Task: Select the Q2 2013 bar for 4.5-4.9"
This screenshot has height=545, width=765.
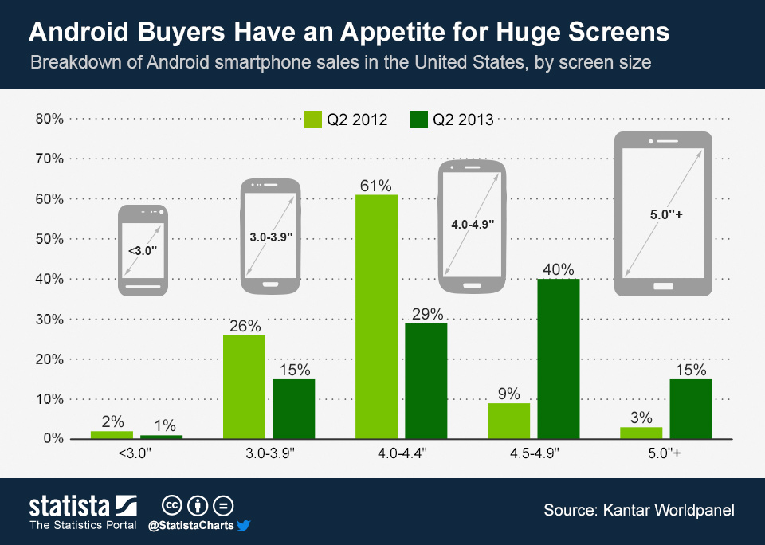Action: [x=558, y=359]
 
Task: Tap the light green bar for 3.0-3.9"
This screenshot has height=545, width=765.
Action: [x=244, y=386]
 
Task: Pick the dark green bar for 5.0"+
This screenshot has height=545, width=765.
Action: [x=690, y=408]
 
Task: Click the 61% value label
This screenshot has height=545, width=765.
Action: [x=376, y=186]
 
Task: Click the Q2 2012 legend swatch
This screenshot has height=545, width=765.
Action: [x=313, y=120]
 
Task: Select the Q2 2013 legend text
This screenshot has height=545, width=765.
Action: [x=462, y=120]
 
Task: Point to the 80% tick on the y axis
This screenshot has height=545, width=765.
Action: [x=49, y=119]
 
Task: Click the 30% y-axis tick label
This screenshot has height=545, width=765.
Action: [x=49, y=319]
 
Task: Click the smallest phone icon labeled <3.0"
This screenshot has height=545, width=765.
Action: [x=143, y=250]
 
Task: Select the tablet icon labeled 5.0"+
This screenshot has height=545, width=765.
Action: [x=662, y=214]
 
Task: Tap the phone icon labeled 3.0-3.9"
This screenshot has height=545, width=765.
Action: [x=271, y=237]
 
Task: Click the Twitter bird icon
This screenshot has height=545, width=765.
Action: [x=244, y=525]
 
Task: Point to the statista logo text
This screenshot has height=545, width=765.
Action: [x=69, y=506]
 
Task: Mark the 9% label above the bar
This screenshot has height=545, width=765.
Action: [x=508, y=394]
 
